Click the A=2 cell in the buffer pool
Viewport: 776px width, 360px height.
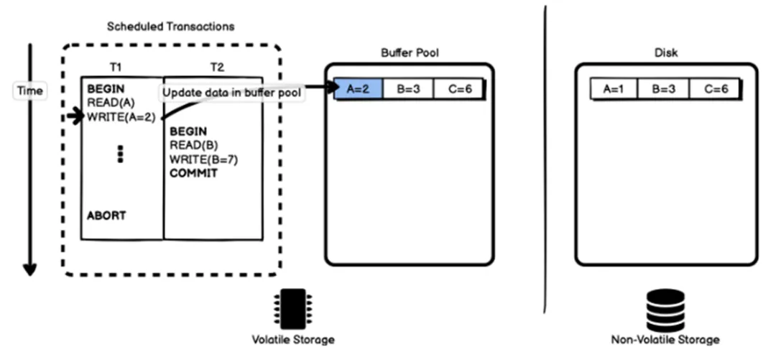click(x=357, y=89)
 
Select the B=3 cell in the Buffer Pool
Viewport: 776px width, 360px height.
click(x=407, y=89)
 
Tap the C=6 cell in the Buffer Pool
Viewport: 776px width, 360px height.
click(x=458, y=89)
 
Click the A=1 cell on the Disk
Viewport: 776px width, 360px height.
click(x=614, y=89)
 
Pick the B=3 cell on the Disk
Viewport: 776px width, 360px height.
click(x=664, y=89)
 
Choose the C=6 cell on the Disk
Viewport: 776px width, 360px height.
click(x=714, y=89)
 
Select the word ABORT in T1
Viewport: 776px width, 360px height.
click(x=107, y=215)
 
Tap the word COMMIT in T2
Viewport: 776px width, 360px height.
click(x=193, y=173)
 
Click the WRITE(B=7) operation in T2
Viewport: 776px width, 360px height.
click(x=204, y=160)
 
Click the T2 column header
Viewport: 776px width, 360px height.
click(x=218, y=67)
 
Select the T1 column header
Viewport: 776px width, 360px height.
click(x=116, y=67)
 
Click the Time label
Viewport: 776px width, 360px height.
click(x=29, y=91)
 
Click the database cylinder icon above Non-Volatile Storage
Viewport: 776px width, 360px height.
click(x=665, y=310)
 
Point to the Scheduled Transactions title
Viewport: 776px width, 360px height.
click(x=170, y=27)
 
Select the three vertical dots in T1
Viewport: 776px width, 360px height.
click(x=120, y=154)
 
